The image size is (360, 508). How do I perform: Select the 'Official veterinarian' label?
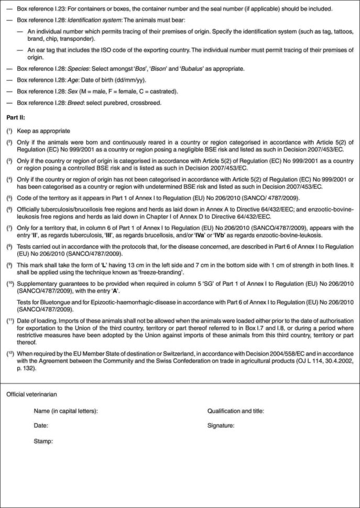(x=31, y=393)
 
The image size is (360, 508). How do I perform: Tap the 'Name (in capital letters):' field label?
(x=66, y=411)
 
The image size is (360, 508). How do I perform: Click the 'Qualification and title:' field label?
(x=236, y=411)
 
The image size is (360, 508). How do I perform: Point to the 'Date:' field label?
(x=41, y=426)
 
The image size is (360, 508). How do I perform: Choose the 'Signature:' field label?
(x=221, y=426)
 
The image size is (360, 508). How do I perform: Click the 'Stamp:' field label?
(x=43, y=441)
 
